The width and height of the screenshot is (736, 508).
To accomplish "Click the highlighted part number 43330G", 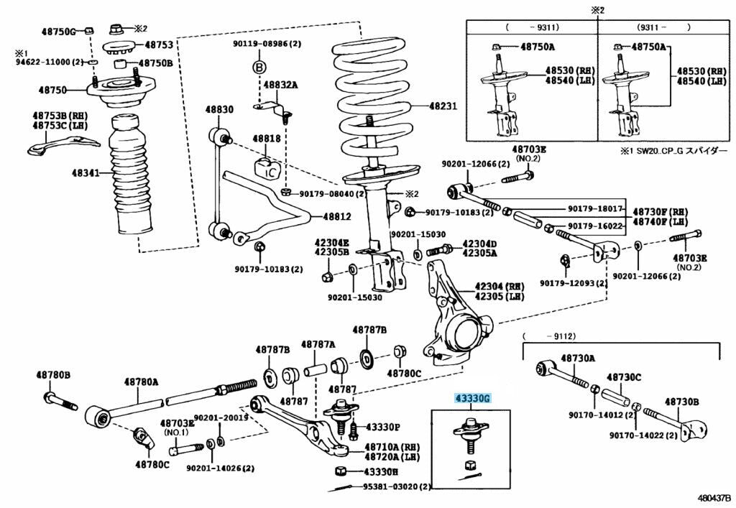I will (x=471, y=398).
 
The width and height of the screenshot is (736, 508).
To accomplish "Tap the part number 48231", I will (x=443, y=106).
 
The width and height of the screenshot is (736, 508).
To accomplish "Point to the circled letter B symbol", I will (x=259, y=67).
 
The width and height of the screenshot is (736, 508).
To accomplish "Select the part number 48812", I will (x=336, y=216).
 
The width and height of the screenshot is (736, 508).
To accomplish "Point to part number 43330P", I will (x=383, y=427).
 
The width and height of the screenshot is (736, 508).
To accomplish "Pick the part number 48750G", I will (x=58, y=32).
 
